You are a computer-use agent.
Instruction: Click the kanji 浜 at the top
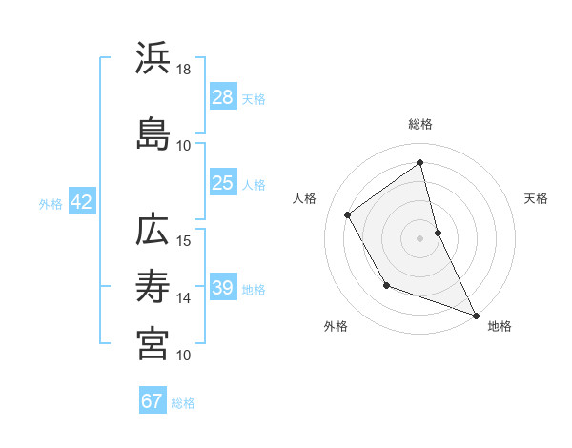pyautogui.click(x=153, y=58)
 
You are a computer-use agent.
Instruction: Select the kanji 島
pyautogui.click(x=153, y=133)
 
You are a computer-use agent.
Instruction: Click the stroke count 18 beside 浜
pyautogui.click(x=184, y=70)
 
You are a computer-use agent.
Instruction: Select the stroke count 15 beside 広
pyautogui.click(x=184, y=240)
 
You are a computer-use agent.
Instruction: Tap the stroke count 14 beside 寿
pyautogui.click(x=184, y=298)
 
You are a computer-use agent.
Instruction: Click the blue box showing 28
pyautogui.click(x=223, y=97)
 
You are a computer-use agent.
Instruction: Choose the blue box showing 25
pyautogui.click(x=223, y=183)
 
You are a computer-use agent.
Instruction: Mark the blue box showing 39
pyautogui.click(x=223, y=288)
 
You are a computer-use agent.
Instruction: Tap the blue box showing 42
pyautogui.click(x=81, y=203)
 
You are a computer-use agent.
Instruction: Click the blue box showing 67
pyautogui.click(x=153, y=401)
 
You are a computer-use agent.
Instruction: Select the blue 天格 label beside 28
pyautogui.click(x=254, y=98)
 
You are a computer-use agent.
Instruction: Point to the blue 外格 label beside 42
pyautogui.click(x=51, y=204)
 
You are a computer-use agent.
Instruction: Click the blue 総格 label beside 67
pyautogui.click(x=183, y=403)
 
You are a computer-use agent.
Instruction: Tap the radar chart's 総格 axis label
pyautogui.click(x=420, y=124)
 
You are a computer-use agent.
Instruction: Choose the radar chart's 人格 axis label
pyautogui.click(x=305, y=198)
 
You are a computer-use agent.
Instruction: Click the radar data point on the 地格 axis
pyautogui.click(x=476, y=316)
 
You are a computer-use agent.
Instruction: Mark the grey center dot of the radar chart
pyautogui.click(x=420, y=237)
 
